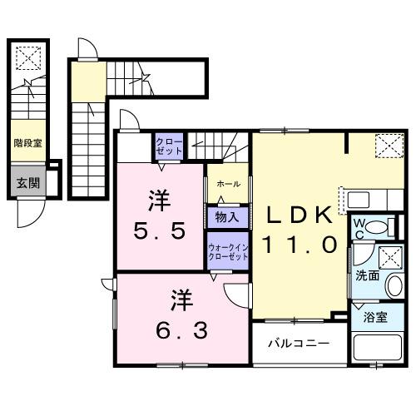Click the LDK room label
300,214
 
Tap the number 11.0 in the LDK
300,245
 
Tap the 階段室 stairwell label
27,142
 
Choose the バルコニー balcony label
297,343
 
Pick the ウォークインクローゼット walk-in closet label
227,252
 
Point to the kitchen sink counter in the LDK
363,201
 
